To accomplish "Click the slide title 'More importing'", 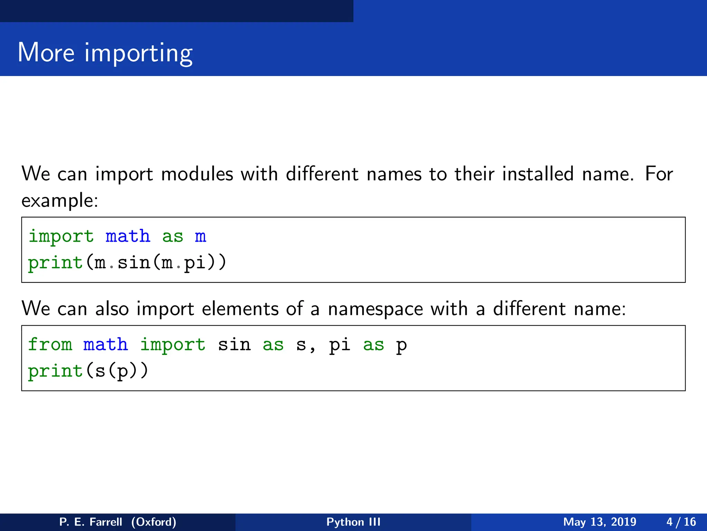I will [105, 53].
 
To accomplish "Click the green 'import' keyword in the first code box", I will [61, 237].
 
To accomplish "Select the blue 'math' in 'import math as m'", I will [128, 237].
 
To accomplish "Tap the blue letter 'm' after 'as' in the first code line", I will [200, 237].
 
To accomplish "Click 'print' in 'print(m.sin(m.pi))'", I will [55, 263].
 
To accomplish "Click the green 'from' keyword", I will [50, 345].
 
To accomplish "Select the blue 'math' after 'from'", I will [106, 345].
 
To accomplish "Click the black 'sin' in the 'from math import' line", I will [234, 345].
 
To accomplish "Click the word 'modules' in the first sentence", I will [197, 174].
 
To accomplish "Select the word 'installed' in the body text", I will [538, 174].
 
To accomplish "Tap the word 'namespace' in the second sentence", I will [375, 309].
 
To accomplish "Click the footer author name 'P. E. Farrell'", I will [91, 522].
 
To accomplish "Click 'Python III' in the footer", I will [353, 522].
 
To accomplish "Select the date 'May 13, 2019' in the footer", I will [600, 522].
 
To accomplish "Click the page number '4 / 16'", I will [681, 522].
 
